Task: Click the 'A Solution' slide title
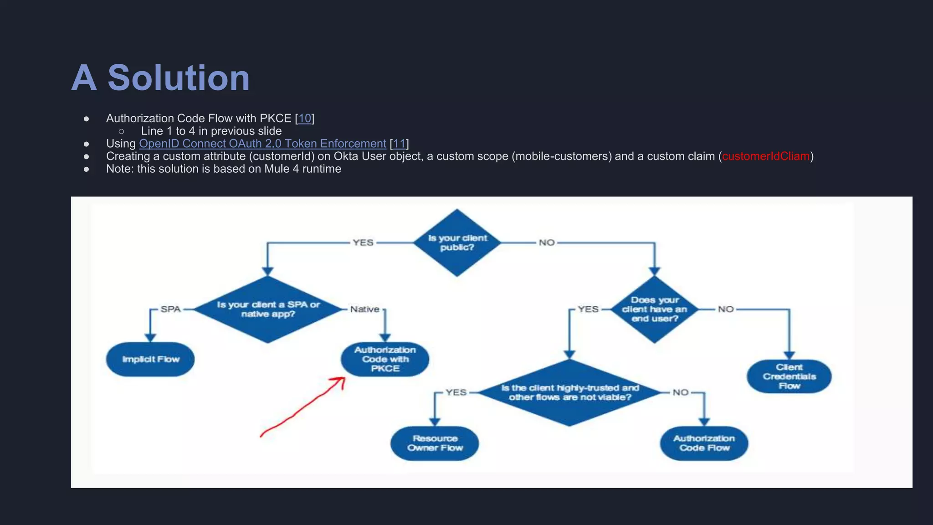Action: [160, 77]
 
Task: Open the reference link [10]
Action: [304, 118]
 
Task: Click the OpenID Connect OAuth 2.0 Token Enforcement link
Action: [262, 144]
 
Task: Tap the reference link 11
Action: [399, 144]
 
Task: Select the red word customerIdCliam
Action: [766, 156]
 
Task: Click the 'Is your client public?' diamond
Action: [457, 242]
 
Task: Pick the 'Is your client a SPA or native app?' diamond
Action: [268, 309]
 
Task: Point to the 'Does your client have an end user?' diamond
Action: [654, 309]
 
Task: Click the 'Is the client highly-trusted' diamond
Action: [569, 392]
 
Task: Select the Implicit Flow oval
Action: [150, 359]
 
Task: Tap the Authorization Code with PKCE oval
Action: [385, 359]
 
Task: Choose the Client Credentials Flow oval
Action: [789, 376]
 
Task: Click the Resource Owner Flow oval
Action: [435, 443]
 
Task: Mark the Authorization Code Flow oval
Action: [704, 443]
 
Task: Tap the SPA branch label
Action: [171, 309]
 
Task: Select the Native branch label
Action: [364, 309]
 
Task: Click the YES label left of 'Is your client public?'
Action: [363, 242]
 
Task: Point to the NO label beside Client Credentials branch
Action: [726, 309]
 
